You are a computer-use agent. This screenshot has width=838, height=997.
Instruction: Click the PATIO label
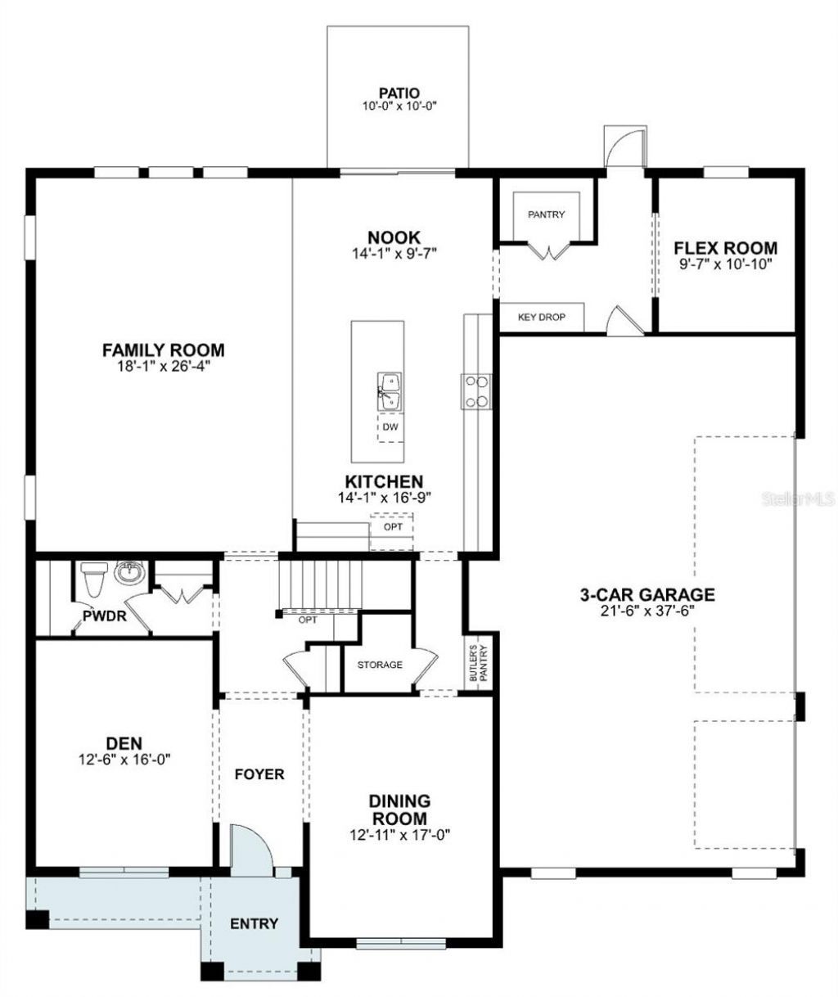[x=399, y=93]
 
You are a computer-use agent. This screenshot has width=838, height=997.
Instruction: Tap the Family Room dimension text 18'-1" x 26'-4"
[x=163, y=367]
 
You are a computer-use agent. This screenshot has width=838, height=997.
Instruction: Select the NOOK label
[x=394, y=237]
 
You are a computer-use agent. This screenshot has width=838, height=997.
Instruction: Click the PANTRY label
[x=546, y=215]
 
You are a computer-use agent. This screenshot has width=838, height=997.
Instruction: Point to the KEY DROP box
[x=541, y=317]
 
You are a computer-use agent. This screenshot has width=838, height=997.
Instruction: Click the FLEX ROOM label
[x=725, y=248]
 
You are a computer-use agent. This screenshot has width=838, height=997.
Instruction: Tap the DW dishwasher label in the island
[x=389, y=426]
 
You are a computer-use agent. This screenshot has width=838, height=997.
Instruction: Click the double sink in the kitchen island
[x=390, y=390]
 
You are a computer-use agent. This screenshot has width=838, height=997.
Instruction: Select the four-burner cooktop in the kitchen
[x=475, y=390]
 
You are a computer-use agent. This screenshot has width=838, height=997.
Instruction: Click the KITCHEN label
[x=384, y=481]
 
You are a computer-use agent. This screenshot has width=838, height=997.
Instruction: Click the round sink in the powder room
[x=128, y=573]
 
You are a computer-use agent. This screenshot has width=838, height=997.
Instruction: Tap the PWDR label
[x=103, y=616]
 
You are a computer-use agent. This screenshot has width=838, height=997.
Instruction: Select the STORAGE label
[x=380, y=665]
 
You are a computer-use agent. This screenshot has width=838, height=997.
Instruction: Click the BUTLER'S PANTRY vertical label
[x=473, y=662]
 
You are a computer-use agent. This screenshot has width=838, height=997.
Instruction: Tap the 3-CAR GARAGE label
[x=647, y=594]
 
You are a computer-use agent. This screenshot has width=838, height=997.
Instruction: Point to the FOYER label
[x=259, y=774]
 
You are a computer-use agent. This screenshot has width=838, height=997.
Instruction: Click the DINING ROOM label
[x=399, y=810]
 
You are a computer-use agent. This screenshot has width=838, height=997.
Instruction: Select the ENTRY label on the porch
[x=254, y=924]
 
